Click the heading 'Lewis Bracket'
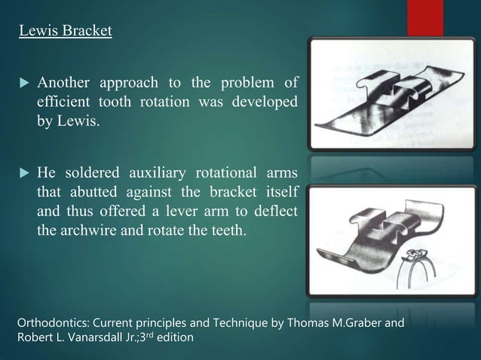coord(66,32)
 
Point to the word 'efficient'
coord(64,101)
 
